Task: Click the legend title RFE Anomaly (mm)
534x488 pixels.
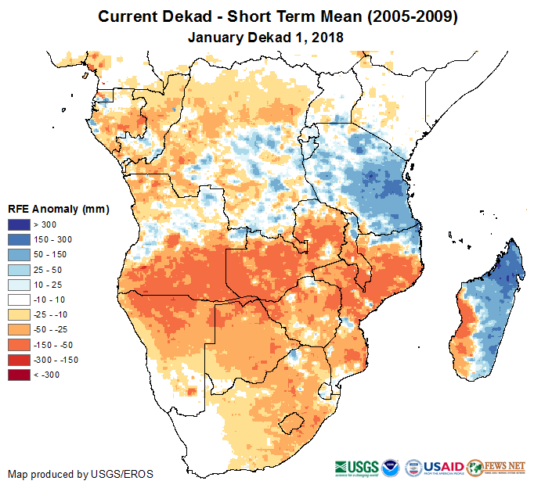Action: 58,210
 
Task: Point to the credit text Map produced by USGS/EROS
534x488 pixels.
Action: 81,474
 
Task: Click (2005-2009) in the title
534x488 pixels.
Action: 402,16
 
